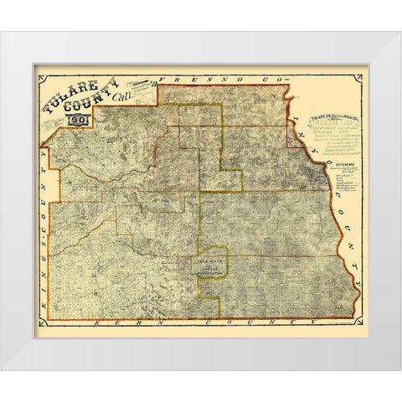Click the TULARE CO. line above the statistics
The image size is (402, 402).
(x=331, y=113)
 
